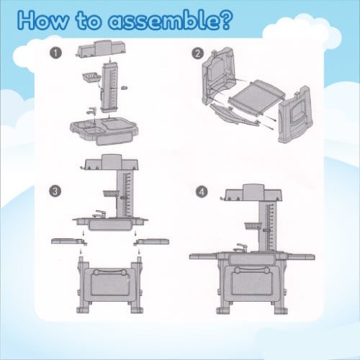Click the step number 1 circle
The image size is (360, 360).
click(55, 53)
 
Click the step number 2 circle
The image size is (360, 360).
click(198, 53)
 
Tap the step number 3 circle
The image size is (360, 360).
click(55, 192)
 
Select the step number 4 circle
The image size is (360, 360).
click(202, 192)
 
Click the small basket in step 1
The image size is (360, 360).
click(91, 78)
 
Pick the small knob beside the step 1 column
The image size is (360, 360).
click(124, 88)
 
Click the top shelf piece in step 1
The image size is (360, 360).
click(102, 49)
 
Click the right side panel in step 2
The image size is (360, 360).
click(296, 114)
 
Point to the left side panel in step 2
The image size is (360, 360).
click(219, 77)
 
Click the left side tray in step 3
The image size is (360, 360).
click(69, 241)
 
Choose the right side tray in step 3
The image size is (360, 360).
click(151, 241)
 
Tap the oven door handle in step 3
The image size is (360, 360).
click(109, 272)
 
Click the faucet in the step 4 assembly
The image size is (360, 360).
click(240, 247)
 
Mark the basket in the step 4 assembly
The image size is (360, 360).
click(252, 226)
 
